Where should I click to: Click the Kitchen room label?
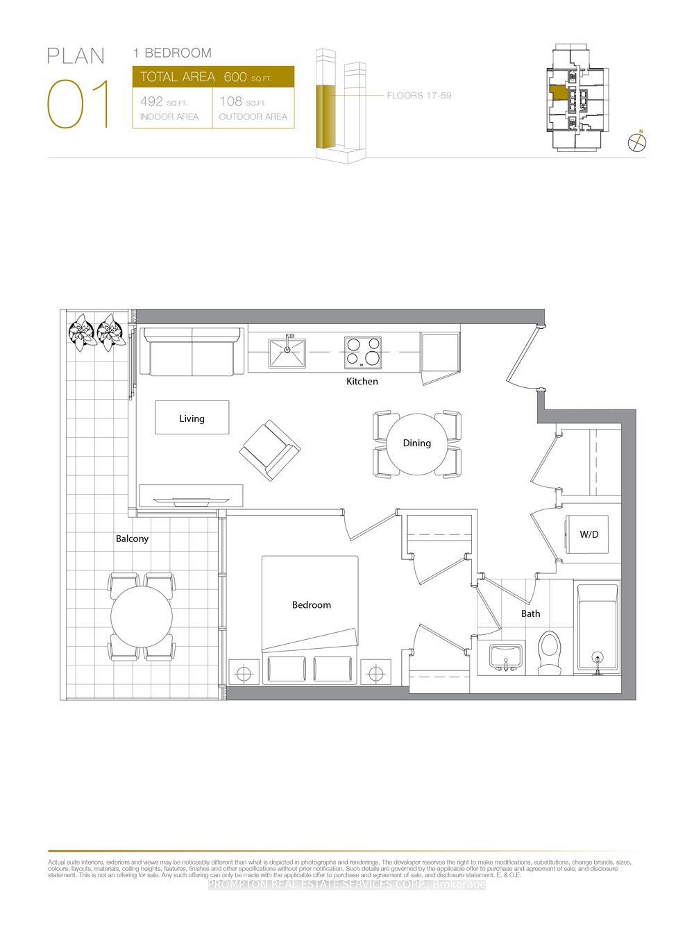(362, 382)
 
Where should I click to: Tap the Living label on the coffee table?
(192, 418)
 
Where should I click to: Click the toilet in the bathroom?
(550, 652)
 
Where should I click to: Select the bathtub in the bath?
(597, 629)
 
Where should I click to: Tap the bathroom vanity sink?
(506, 656)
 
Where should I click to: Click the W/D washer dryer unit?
(589, 534)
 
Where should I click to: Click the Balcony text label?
(132, 538)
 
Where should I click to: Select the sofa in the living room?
(192, 352)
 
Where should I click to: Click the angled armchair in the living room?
(269, 450)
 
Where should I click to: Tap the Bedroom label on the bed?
(311, 605)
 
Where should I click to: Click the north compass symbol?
(637, 142)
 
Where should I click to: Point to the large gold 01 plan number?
(78, 105)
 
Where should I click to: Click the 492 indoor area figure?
(151, 101)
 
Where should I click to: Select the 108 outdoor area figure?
(230, 101)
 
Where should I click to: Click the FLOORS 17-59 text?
(419, 95)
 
